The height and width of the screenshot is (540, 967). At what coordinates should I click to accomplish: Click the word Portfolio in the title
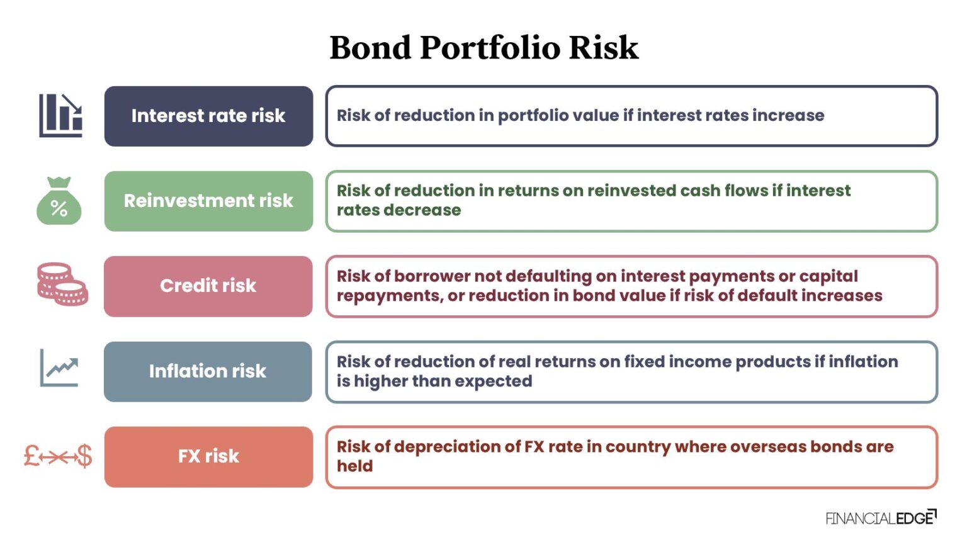489,48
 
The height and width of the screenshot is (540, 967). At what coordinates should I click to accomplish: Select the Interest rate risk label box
208,116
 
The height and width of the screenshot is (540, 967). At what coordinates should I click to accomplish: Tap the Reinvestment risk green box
208,201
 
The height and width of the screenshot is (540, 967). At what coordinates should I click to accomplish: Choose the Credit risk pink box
208,286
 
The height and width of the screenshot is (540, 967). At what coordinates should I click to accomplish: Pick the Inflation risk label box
208,371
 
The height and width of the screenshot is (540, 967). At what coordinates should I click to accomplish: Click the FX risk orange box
208,456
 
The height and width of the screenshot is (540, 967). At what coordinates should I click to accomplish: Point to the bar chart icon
60,116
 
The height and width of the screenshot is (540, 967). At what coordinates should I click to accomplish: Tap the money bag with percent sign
59,201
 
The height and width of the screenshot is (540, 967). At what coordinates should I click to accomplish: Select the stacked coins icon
62,284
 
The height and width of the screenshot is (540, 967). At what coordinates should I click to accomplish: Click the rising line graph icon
60,368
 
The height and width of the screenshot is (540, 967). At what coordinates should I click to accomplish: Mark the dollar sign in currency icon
84,456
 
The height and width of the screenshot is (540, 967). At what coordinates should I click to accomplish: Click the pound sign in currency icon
32,456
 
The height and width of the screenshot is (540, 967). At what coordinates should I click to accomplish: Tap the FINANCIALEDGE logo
880,518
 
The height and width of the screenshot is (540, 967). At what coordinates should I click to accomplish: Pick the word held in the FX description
354,466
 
